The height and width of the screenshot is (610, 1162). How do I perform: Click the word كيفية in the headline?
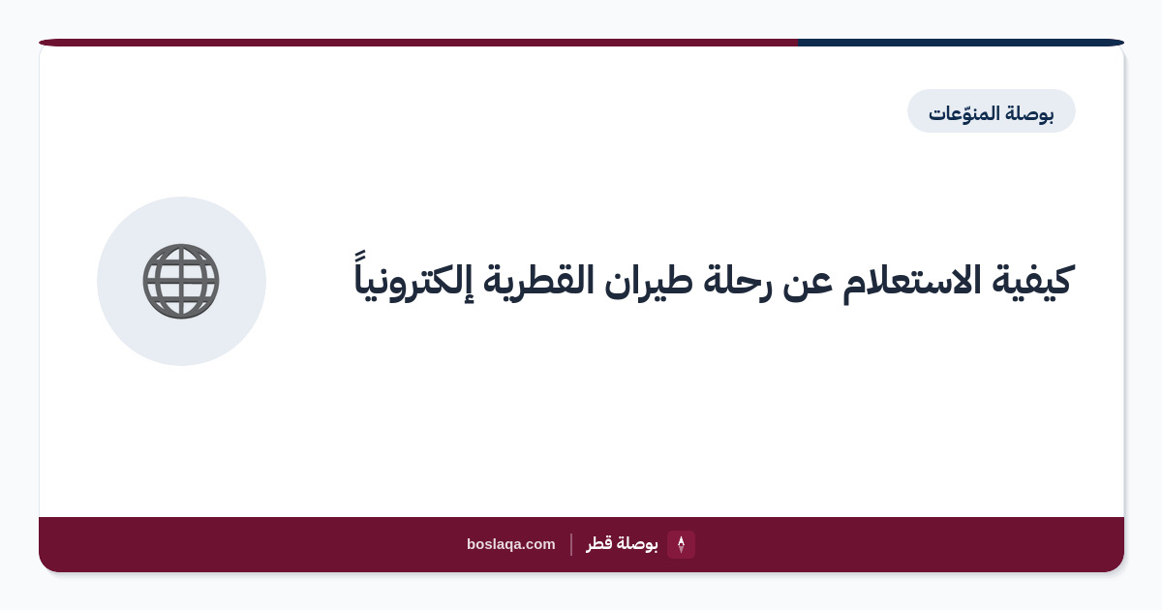tap(1031, 281)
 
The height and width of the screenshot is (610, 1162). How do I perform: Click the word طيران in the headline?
tap(648, 283)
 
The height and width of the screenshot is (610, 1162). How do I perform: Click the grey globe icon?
tap(181, 281)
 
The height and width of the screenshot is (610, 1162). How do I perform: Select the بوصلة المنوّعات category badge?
tap(991, 111)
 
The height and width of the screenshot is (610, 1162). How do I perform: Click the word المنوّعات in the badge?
tap(963, 112)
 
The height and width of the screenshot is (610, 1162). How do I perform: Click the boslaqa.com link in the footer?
tap(511, 544)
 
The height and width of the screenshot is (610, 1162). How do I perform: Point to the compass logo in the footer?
tap(681, 544)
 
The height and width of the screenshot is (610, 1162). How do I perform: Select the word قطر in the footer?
tap(600, 544)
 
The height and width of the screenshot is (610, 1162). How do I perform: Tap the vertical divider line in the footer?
tap(571, 544)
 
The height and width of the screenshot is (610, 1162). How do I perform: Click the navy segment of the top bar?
tap(961, 43)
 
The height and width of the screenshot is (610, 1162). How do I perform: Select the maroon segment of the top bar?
tap(418, 43)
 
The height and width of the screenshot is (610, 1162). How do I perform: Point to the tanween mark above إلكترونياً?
tap(360, 256)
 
